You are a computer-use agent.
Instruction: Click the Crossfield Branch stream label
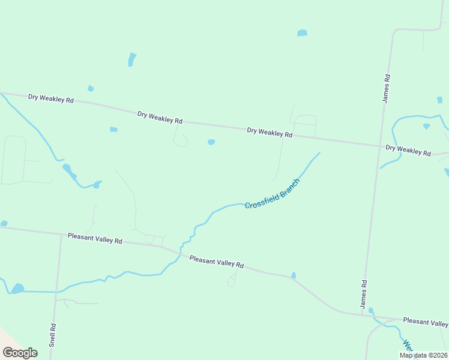tap(272, 193)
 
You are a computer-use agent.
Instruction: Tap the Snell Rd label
tap(53, 335)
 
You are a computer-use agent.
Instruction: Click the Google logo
tap(20, 353)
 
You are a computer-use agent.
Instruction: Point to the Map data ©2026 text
tap(423, 355)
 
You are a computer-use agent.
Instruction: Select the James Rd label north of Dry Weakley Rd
tap(387, 88)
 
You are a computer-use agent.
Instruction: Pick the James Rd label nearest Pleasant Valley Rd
tap(363, 295)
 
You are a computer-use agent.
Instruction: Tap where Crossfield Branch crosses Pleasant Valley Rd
tap(179, 253)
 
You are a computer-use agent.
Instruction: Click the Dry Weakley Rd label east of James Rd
tap(408, 151)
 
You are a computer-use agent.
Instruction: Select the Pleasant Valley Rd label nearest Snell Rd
tap(95, 238)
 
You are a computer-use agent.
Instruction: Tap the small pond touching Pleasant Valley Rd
tap(293, 275)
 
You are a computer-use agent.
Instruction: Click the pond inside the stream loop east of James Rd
tap(426, 126)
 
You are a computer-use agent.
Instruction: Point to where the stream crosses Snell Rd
tap(56, 292)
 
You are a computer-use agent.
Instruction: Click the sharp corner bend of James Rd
tap(393, 30)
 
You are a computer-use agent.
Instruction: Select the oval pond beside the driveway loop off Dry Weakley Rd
tap(211, 142)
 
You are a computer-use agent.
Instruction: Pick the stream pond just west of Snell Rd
tap(17, 288)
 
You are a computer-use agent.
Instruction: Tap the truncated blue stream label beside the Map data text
tap(408, 346)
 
